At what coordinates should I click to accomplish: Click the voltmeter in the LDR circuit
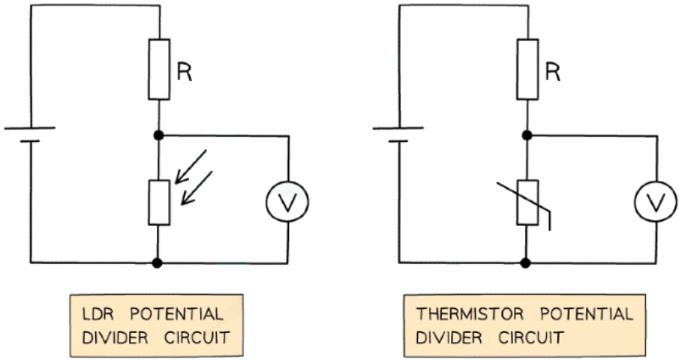click(288, 200)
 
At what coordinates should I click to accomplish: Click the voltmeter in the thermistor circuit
click(656, 200)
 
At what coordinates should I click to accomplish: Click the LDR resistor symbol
click(159, 201)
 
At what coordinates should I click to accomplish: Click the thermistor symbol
click(527, 201)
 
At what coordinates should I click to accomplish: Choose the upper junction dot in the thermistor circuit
click(527, 136)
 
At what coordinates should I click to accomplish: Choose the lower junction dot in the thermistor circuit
click(527, 263)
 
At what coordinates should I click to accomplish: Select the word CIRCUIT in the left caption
click(200, 337)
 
